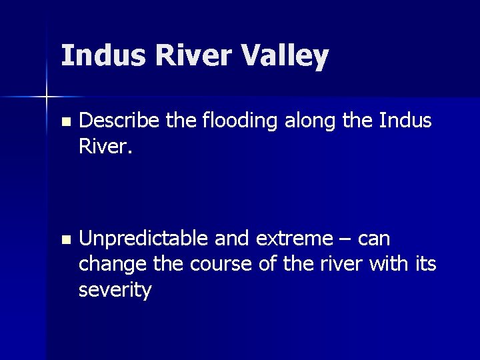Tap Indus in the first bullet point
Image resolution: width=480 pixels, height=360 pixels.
tap(405, 121)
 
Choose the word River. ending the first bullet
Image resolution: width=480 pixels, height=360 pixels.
tap(105, 147)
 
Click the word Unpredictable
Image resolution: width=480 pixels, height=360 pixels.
tap(142, 239)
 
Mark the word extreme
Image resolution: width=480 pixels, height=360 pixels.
tap(294, 239)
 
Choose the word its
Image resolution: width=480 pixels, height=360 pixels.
tap(424, 265)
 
